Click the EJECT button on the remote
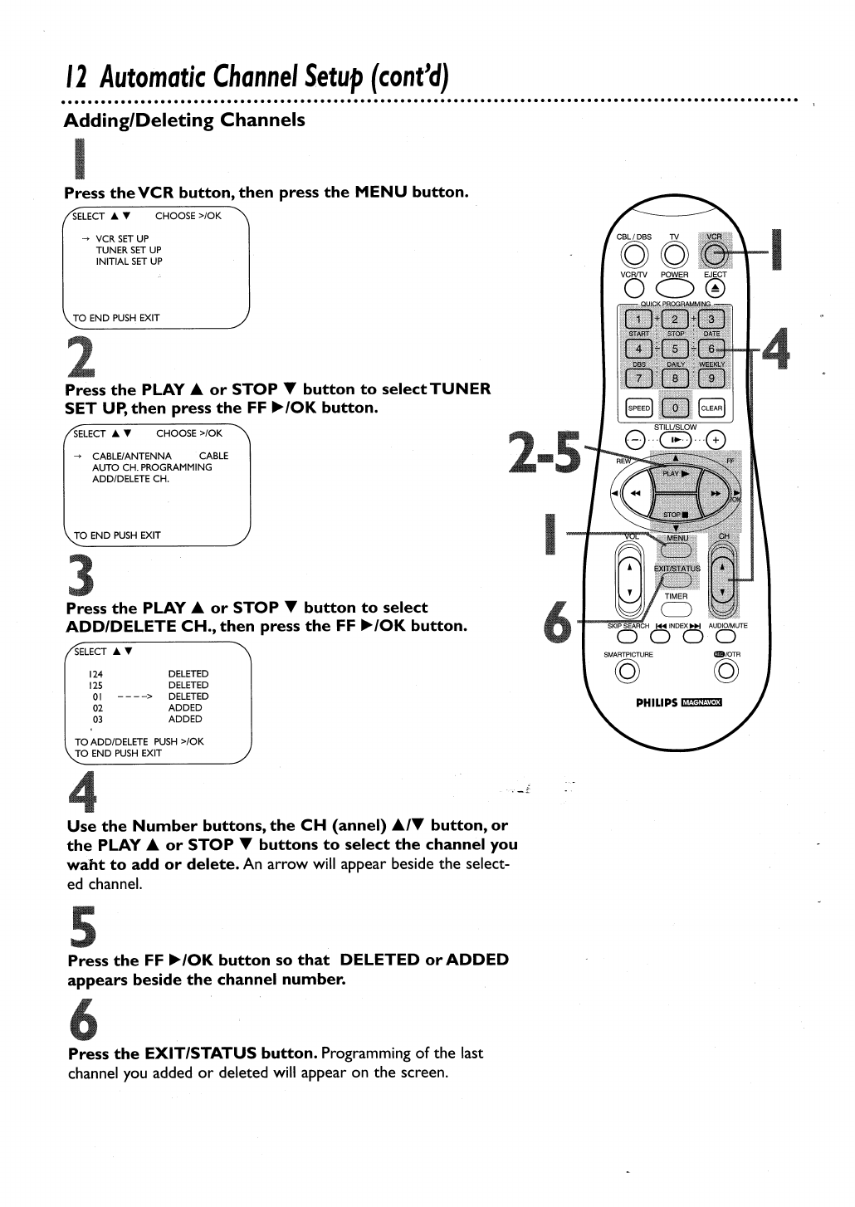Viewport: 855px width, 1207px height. pyautogui.click(x=714, y=288)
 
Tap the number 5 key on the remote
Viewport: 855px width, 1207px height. pyautogui.click(x=675, y=349)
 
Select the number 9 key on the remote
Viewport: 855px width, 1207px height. pyautogui.click(x=711, y=379)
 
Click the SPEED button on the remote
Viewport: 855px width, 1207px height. pyautogui.click(x=638, y=408)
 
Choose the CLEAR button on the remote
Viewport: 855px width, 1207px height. pyautogui.click(x=711, y=408)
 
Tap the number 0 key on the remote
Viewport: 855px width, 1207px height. pyautogui.click(x=675, y=408)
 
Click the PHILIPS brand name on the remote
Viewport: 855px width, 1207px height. pyautogui.click(x=656, y=701)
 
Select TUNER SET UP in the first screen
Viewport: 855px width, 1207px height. pyautogui.click(x=129, y=250)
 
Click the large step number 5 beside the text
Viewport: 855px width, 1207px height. pyautogui.click(x=81, y=926)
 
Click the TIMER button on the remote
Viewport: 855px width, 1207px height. pyautogui.click(x=676, y=609)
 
